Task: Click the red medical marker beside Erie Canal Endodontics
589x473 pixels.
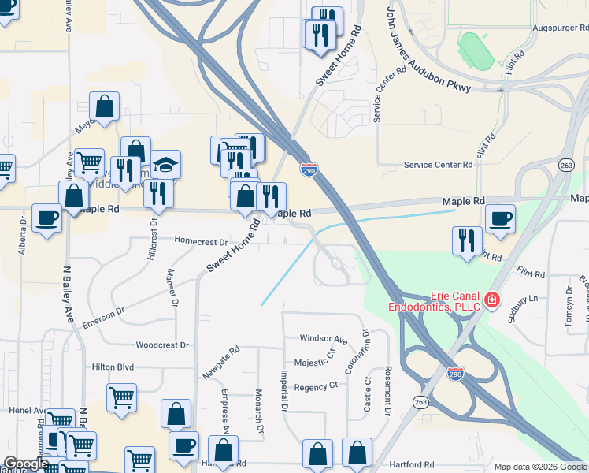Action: (x=492, y=300)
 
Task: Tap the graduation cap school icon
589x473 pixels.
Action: (x=166, y=165)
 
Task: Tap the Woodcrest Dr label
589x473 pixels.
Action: (x=162, y=345)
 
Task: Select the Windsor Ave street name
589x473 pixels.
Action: (x=323, y=338)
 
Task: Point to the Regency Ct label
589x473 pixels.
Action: (x=315, y=386)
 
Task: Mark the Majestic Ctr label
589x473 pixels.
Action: (x=314, y=363)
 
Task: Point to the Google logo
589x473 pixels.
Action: (x=25, y=464)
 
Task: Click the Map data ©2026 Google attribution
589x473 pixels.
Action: (x=540, y=467)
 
